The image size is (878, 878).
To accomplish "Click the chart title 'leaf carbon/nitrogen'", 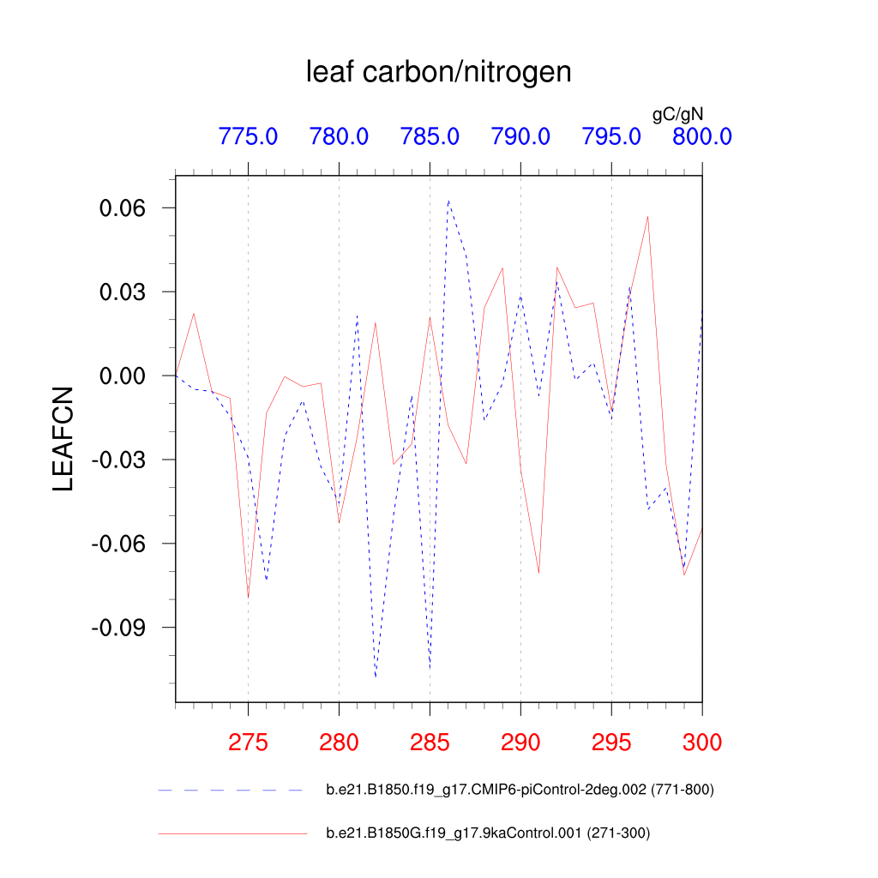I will tap(438, 73).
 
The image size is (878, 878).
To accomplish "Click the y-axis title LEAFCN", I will tap(63, 439).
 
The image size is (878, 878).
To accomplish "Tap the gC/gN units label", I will tap(678, 114).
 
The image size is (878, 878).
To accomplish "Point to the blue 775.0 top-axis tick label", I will tap(248, 136).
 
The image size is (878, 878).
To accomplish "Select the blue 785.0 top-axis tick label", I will tap(430, 136).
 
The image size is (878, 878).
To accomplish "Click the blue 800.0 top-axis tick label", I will tap(701, 136).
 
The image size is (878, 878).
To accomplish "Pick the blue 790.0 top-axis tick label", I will tap(520, 136).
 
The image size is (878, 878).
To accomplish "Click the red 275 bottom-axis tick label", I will tap(248, 742).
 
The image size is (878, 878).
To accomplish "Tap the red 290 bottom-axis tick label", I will tap(520, 742).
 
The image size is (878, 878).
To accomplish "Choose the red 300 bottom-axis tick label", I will tap(701, 742).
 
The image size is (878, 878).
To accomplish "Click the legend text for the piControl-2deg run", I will tap(520, 790).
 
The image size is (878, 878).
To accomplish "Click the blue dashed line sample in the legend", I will tap(232, 790).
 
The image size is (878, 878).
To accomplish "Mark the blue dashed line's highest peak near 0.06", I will tap(448, 201).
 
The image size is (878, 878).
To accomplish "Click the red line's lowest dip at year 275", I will tap(248, 598).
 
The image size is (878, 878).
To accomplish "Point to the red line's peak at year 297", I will tap(647, 217).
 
